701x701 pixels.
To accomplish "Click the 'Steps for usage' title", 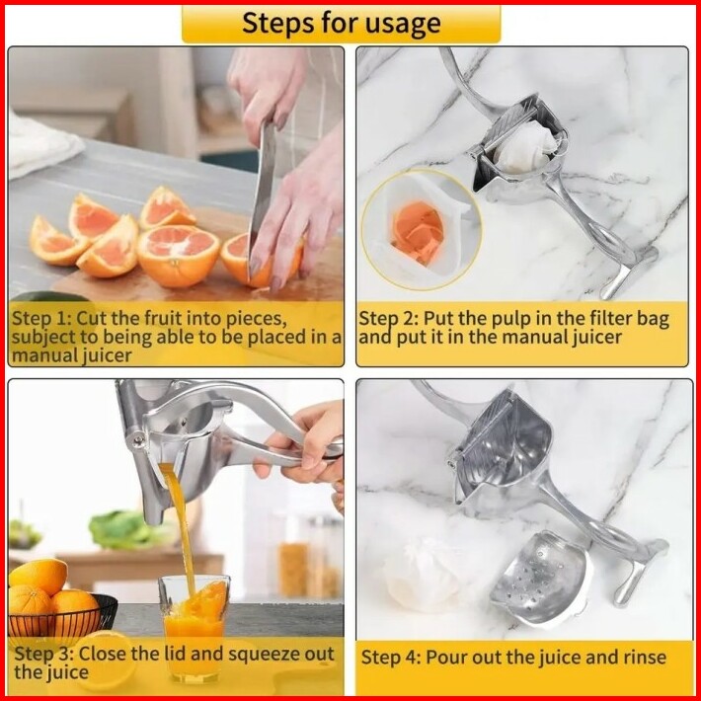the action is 341,24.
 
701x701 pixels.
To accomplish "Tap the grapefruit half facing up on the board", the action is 179,256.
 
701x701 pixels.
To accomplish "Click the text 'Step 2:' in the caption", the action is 388,319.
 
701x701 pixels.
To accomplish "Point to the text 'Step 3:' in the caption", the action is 43,654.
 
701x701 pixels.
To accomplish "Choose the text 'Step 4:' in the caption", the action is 391,658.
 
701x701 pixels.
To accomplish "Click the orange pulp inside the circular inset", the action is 418,232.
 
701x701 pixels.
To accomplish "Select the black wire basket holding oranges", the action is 62,616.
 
